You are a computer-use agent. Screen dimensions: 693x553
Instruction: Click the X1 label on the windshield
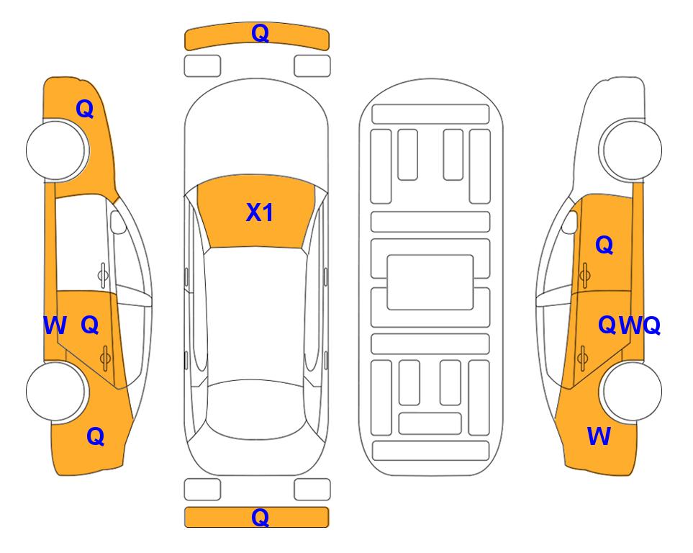tap(260, 212)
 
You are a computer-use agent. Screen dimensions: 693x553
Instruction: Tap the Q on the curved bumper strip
tap(260, 33)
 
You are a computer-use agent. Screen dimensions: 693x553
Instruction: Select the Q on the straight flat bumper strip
tap(260, 517)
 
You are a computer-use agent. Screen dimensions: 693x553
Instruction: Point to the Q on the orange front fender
tap(85, 109)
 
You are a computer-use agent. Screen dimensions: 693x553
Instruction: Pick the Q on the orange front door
tap(604, 245)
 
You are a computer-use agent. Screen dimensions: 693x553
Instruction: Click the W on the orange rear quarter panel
tap(599, 436)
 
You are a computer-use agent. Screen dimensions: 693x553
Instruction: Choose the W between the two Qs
tap(630, 325)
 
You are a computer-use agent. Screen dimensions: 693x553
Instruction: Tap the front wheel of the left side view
tap(55, 150)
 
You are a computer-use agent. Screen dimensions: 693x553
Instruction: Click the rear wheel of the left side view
tap(55, 391)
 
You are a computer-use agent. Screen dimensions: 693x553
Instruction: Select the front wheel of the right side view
tap(632, 150)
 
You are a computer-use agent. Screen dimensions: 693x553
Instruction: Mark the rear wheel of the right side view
tap(632, 391)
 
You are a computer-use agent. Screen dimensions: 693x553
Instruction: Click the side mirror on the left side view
tap(117, 222)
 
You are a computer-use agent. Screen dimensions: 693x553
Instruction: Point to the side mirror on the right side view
tap(570, 222)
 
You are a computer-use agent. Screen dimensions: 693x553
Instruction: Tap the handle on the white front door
tap(103, 275)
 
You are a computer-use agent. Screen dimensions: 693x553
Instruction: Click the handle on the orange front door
tap(585, 275)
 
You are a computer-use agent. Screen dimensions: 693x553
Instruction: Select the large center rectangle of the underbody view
tap(430, 282)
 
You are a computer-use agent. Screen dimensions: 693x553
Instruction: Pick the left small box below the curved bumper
tap(202, 66)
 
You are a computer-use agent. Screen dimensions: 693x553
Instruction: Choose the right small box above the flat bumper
tap(312, 490)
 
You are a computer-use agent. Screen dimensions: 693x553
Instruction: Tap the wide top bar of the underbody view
tap(430, 114)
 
